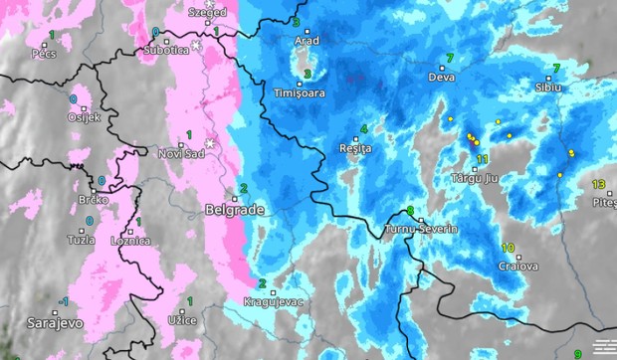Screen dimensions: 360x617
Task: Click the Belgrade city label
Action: (234, 211)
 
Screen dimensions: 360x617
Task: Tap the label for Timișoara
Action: (300, 93)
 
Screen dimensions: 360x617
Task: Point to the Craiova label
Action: (518, 267)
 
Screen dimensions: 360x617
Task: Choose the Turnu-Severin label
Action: (422, 230)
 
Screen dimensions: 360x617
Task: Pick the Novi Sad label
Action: (180, 153)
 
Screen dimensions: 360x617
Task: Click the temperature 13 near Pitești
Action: (598, 184)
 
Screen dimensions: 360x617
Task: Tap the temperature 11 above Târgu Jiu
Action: (482, 159)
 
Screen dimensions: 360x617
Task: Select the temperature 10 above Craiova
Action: (508, 248)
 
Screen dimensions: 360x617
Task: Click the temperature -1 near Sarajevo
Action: (64, 301)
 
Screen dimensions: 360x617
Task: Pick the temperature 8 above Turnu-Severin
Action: (410, 210)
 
